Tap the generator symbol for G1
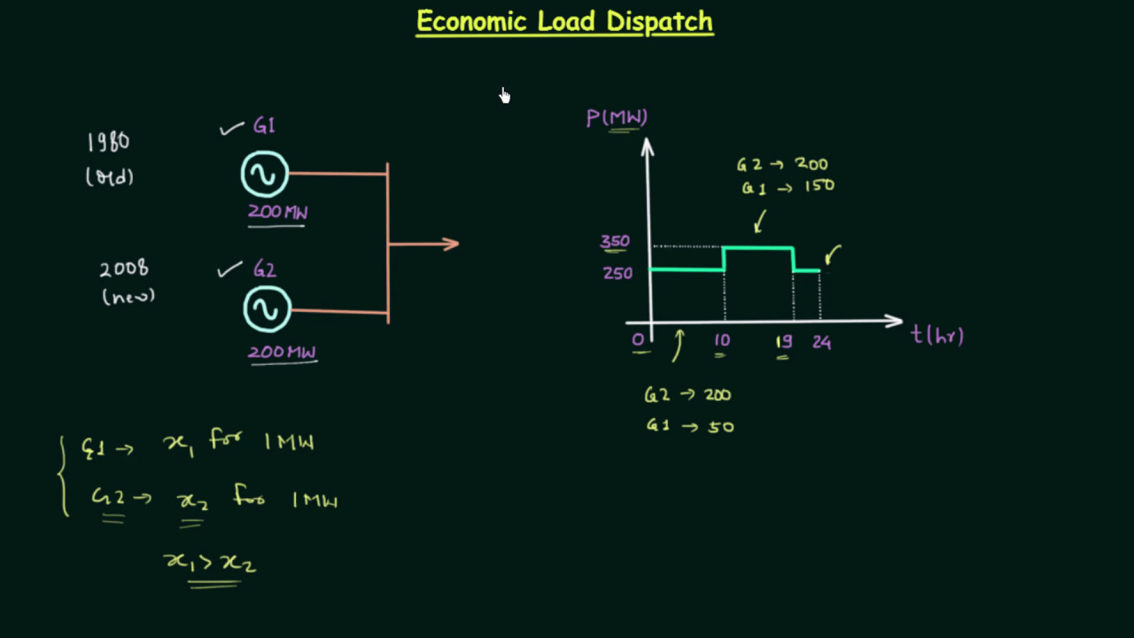265,174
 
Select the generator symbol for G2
267,309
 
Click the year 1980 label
108,143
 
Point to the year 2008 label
123,268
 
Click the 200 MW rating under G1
277,212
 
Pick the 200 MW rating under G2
281,352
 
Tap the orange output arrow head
451,244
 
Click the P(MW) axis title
617,117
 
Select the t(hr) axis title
937,335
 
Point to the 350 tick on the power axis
615,241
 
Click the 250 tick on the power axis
617,273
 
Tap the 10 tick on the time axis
721,341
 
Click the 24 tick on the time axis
821,342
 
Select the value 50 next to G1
720,426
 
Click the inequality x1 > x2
210,563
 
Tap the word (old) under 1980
110,177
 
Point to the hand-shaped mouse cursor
504,95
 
